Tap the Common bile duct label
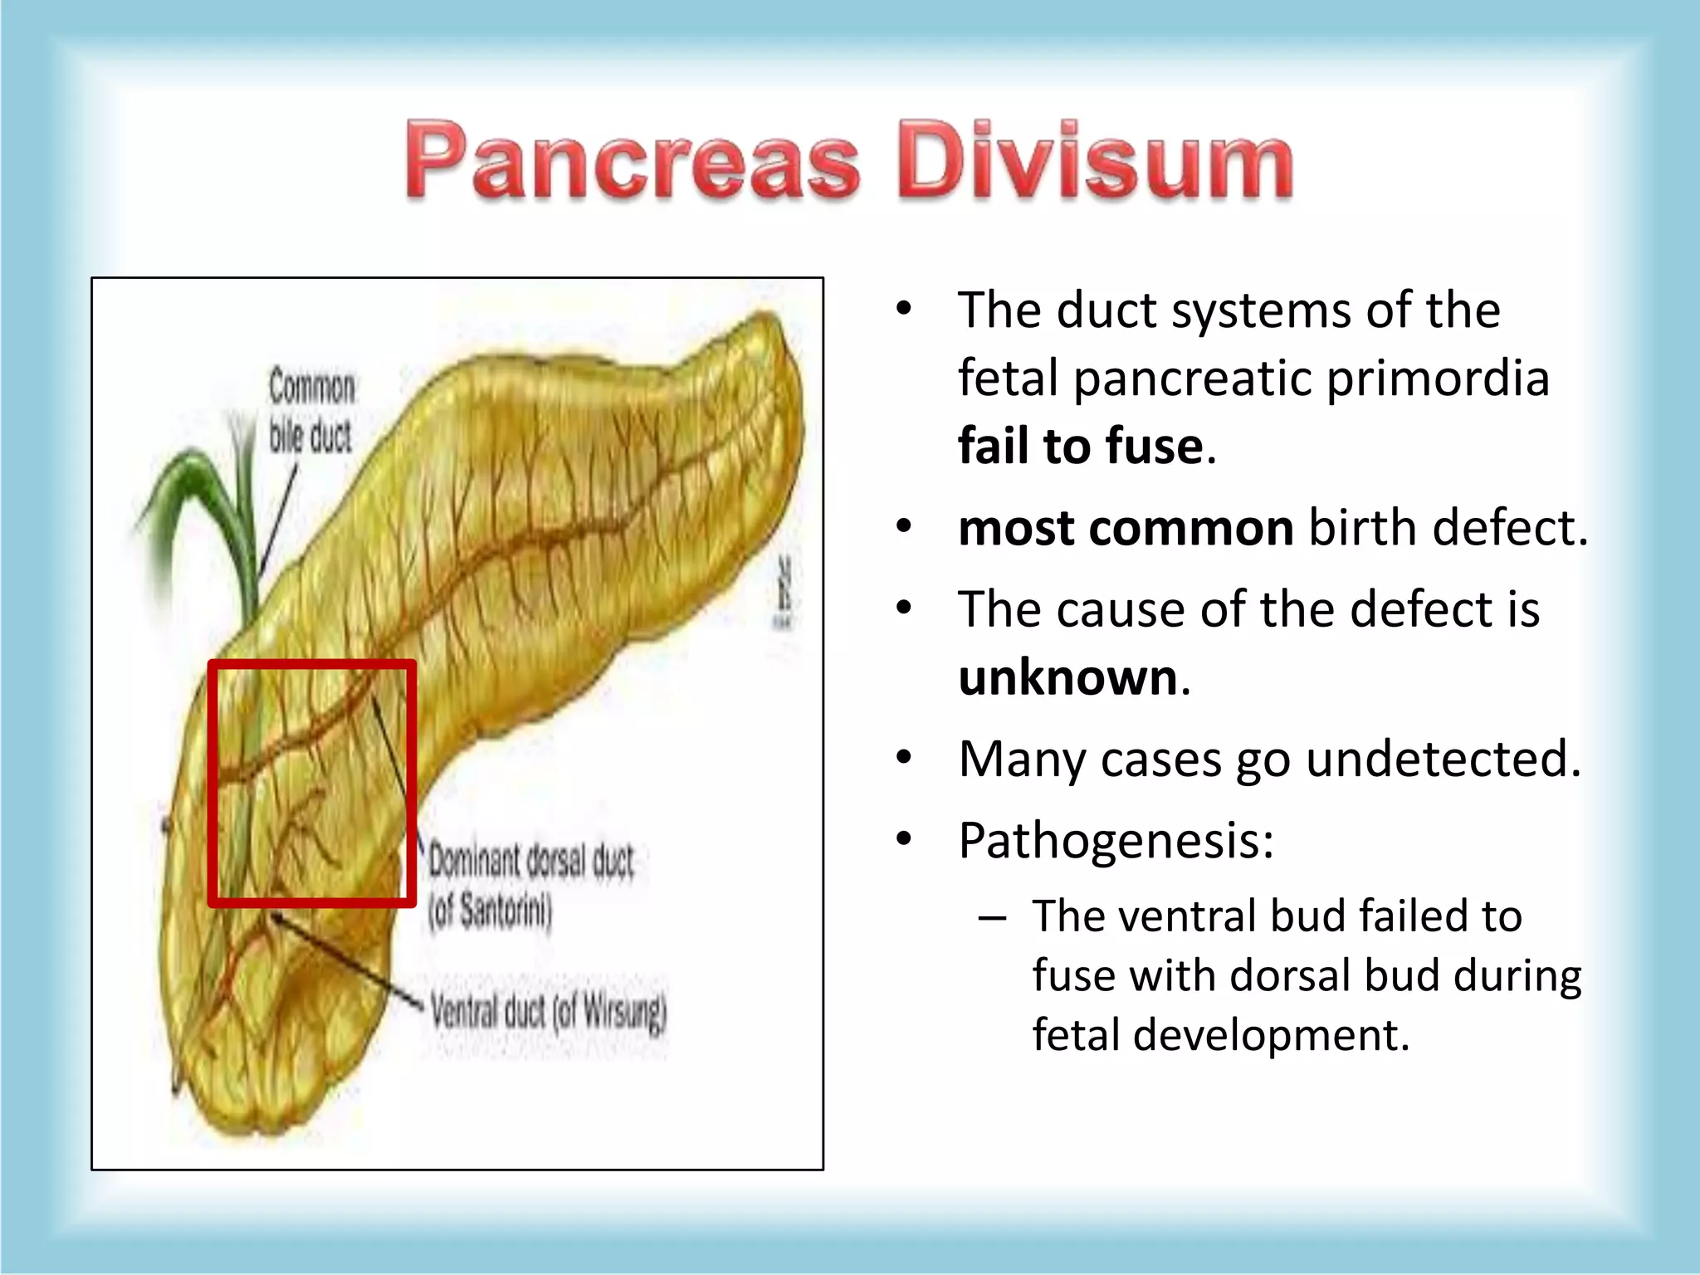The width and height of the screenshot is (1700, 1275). [311, 412]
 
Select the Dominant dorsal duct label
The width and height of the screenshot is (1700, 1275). [531, 862]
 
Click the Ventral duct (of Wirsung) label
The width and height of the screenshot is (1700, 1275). [549, 1012]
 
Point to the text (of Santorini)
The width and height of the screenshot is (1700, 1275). [490, 912]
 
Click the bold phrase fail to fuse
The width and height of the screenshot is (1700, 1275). [1080, 446]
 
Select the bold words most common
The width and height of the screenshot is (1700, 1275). [1125, 528]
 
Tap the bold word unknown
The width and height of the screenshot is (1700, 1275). [1067, 677]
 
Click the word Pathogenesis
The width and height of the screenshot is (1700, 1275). [1115, 840]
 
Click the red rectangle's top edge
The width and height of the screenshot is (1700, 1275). [311, 665]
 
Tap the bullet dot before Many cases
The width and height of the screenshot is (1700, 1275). [904, 758]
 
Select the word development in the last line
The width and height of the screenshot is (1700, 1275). [1270, 1035]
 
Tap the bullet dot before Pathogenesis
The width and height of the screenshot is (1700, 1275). [904, 839]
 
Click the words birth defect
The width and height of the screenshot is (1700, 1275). [1448, 528]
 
